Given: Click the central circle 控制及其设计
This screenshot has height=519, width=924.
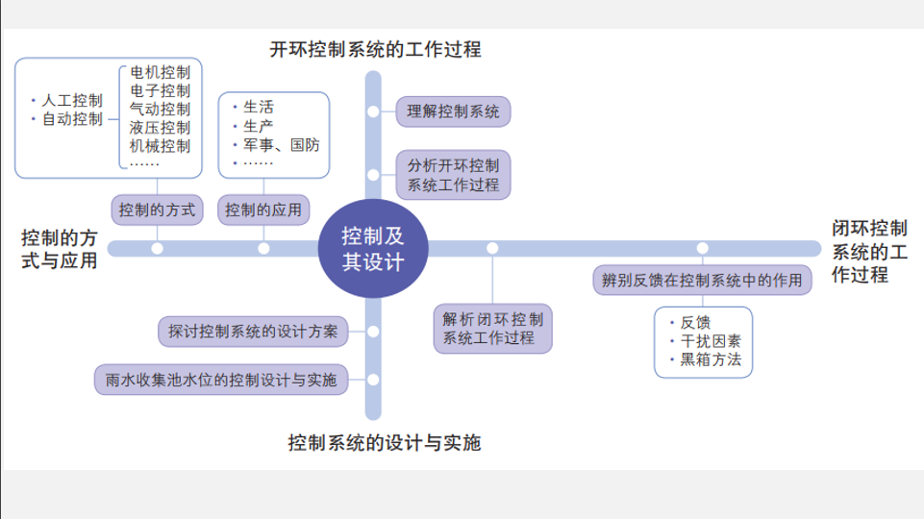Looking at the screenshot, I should click(373, 249).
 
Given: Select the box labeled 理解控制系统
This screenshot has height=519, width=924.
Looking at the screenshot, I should click(453, 112).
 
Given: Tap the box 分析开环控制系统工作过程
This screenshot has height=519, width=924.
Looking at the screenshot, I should click(453, 174).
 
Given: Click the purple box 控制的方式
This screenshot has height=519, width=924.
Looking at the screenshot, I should click(157, 209).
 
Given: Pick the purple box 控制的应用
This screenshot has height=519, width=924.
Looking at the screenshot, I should click(263, 209).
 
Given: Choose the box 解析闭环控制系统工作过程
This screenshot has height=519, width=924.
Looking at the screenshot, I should click(493, 329).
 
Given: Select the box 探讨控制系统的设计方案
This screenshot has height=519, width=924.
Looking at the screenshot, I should click(253, 332).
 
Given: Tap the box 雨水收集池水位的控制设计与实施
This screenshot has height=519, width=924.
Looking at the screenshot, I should click(221, 380).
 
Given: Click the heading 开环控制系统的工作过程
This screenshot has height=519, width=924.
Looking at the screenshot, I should click(375, 48).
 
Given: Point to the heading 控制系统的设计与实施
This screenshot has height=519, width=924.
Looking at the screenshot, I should click(384, 443).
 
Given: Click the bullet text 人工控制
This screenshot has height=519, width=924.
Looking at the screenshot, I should click(72, 100).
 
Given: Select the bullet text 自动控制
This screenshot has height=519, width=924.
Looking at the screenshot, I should click(72, 119).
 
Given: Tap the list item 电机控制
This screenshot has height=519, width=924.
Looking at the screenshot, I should click(160, 73).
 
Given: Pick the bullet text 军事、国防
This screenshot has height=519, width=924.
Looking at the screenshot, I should click(282, 144).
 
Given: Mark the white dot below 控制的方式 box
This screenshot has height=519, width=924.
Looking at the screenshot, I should click(157, 249).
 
